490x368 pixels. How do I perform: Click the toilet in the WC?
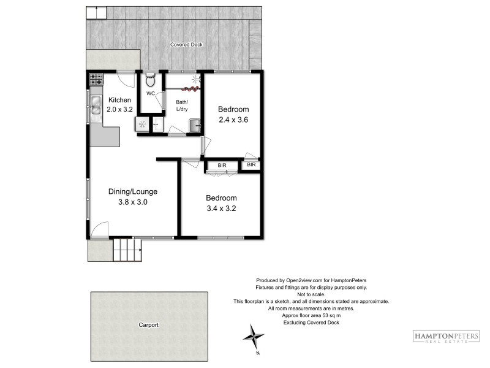pos(150,80)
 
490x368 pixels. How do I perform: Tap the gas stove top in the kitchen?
pos(96,79)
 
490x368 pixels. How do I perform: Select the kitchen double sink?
pos(96,105)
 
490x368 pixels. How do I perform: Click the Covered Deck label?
pos(186,44)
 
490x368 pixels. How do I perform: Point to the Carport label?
pos(148,325)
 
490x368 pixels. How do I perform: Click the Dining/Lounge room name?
pos(133,191)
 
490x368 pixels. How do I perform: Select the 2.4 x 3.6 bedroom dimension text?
pos(233,120)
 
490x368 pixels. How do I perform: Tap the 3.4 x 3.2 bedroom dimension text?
pos(221,209)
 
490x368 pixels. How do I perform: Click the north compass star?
pos(254,337)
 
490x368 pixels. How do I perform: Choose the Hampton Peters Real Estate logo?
pos(447,337)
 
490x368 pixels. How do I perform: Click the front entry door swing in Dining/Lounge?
pos(100,229)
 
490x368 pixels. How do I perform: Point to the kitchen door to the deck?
pos(126,80)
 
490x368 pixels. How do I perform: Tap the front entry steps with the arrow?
pos(127,250)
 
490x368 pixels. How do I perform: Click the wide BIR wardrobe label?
pos(222,165)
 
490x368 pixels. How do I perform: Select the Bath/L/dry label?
pos(182,105)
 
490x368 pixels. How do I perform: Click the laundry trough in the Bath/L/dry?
pos(195,126)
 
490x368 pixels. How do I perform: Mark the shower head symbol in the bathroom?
pos(196,79)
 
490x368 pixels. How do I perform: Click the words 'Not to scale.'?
pos(311,294)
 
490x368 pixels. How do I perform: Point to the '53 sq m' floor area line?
pos(311,315)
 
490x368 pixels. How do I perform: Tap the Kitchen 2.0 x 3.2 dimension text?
pos(119,109)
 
